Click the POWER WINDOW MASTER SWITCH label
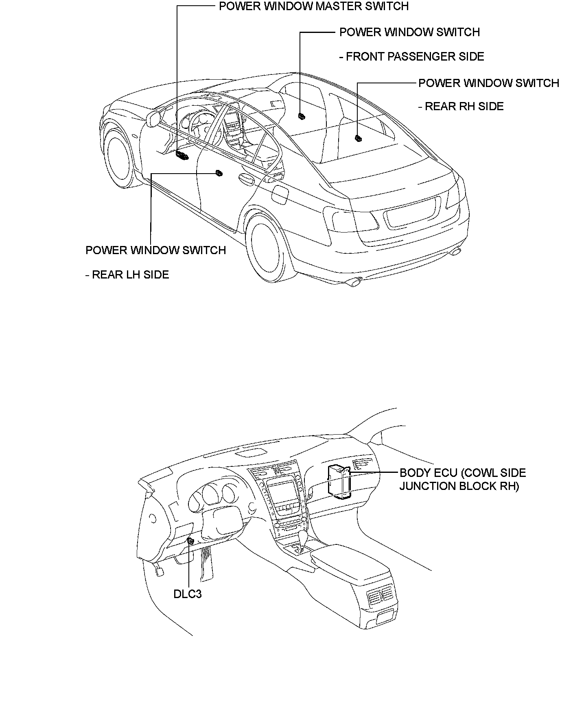[314, 7]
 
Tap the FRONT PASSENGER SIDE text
[411, 57]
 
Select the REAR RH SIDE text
[461, 107]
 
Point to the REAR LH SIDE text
[127, 275]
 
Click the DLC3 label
[188, 594]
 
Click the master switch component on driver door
[182, 155]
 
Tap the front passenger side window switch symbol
[302, 117]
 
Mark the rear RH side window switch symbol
[359, 138]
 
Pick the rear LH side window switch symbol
[219, 174]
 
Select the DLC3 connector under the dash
[190, 541]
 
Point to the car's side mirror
[153, 119]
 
